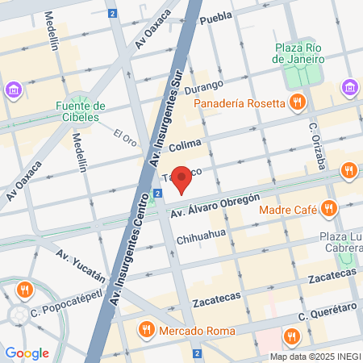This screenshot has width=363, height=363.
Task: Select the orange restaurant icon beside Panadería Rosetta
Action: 298,102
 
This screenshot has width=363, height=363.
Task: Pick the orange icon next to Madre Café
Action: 328,210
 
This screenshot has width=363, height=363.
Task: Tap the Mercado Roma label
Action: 197,331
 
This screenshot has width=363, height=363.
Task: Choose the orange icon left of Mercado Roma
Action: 146,329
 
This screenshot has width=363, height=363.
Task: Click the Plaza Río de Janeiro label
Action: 298,52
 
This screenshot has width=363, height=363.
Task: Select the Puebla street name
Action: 215,18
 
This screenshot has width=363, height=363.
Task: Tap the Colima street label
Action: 184,144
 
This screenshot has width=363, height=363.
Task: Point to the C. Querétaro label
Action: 328,311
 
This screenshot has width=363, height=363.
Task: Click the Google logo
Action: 27,353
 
